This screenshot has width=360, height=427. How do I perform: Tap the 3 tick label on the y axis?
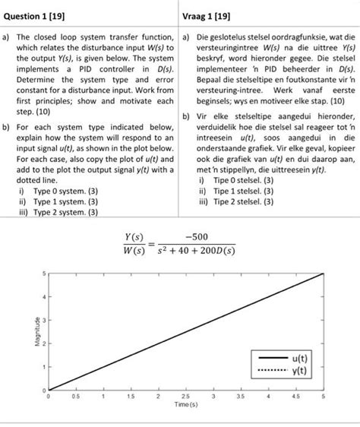tap(43, 319)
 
